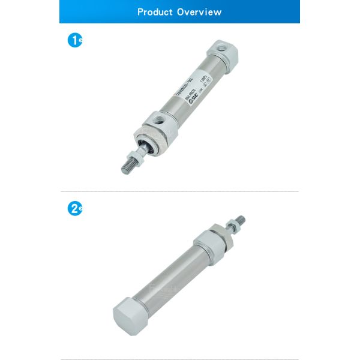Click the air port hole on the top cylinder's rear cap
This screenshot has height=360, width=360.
(220, 46)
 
